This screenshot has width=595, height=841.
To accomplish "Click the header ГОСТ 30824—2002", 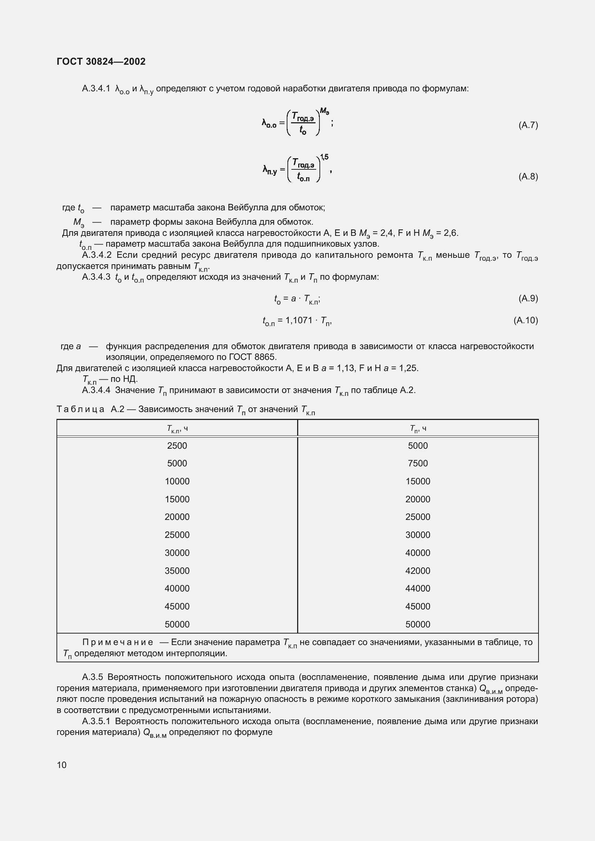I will pos(101,61).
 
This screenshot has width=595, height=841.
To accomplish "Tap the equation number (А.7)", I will pos(528,125).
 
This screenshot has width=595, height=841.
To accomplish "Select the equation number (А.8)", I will pos(528,177).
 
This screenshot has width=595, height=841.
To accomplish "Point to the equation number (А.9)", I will pos(528,298).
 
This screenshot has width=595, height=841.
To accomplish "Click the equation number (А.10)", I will pos(526,320).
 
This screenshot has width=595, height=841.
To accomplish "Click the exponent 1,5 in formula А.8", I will pos(324,157).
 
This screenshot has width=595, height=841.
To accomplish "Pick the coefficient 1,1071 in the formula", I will pos(299,320).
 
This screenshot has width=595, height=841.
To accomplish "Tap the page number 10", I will pos(62,765).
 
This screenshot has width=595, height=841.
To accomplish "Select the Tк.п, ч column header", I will pos(177,429).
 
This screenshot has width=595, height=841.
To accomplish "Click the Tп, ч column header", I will pos(418,429).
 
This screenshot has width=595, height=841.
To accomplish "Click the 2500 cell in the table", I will pos(177,446).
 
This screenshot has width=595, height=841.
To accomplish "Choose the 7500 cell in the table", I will pos(418,463).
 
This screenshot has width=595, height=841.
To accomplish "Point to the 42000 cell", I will pos(418,571).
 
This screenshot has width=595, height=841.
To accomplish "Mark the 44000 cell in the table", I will pos(418,588).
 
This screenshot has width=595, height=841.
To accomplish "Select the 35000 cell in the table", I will pos(177,571).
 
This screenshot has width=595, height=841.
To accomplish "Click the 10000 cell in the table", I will pos(177,481).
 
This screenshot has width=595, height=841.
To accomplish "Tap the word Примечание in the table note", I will pos(118,642).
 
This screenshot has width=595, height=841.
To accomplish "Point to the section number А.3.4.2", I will pos(97,255).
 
